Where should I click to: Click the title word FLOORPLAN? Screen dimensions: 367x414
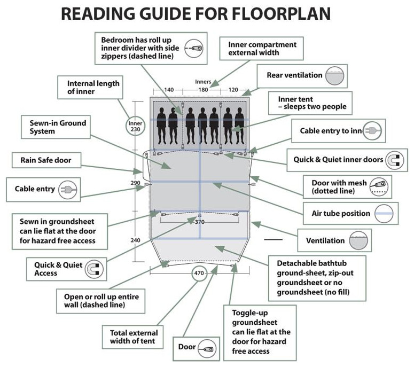tap(280, 14)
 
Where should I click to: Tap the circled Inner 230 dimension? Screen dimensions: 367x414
tap(135, 126)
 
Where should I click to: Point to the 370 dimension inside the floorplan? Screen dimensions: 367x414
tap(199, 221)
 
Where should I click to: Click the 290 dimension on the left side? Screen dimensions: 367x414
tap(135, 183)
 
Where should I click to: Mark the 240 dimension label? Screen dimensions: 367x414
tap(135, 240)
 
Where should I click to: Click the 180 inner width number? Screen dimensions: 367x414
tap(203, 90)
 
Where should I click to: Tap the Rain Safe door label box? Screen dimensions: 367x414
tap(46, 160)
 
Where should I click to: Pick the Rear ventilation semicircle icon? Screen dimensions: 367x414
tap(336, 75)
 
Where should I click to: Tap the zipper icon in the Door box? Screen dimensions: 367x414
tap(207, 348)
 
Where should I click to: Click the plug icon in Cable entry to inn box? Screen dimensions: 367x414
tap(373, 130)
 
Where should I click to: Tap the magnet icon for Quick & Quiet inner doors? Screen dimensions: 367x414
tap(394, 159)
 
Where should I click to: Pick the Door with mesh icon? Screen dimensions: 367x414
tap(380, 187)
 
